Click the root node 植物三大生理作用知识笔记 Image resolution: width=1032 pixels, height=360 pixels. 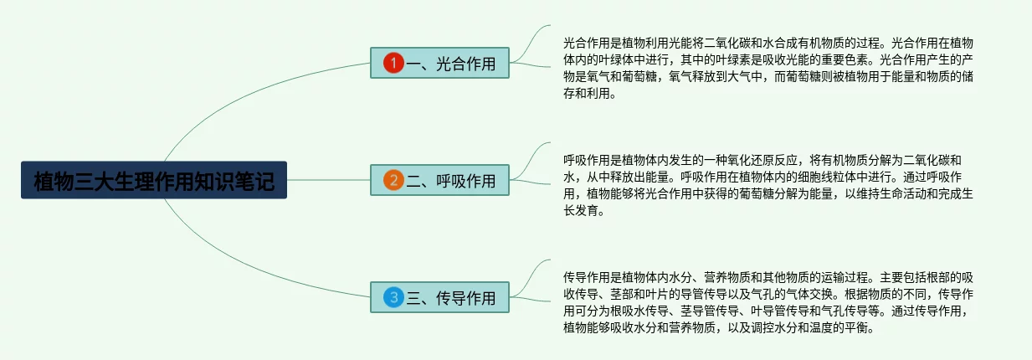tap(154, 180)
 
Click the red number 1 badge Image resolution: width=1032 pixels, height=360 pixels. tap(393, 64)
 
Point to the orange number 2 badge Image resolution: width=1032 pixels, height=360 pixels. tap(393, 181)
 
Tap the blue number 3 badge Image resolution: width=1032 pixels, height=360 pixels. tap(393, 297)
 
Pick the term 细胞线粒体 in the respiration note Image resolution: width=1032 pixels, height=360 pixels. tap(828, 177)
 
